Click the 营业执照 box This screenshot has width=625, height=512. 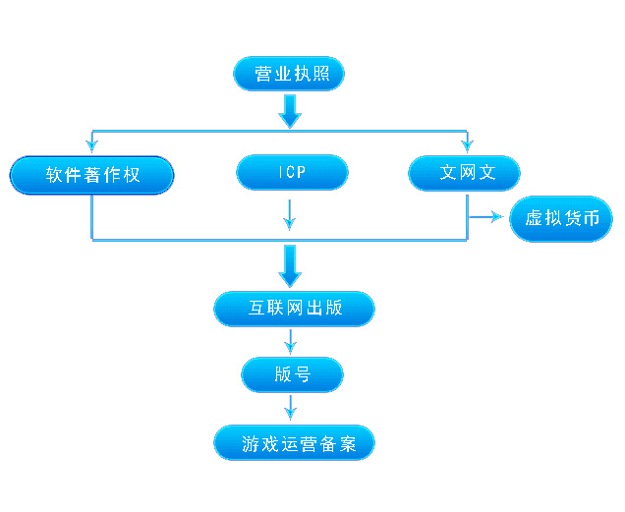click(289, 75)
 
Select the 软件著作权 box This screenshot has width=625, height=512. click(92, 175)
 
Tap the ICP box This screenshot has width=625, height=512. click(292, 172)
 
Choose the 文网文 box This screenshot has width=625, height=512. click(465, 172)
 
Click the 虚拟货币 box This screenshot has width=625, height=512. click(561, 218)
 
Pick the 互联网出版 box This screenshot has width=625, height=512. click(294, 308)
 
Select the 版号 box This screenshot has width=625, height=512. click(292, 373)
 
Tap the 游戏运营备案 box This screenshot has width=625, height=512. click(294, 443)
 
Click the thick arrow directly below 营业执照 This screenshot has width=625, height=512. click(290, 110)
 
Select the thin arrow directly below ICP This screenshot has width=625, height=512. click(290, 212)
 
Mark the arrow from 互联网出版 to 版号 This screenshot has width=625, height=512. click(290, 340)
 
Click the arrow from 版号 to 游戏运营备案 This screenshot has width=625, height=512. click(290, 407)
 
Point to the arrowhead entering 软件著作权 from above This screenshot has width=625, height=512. click(92, 144)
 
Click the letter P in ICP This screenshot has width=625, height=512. click(301, 173)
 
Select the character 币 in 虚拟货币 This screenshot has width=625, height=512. click(591, 218)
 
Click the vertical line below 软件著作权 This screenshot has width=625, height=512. click(92, 216)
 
